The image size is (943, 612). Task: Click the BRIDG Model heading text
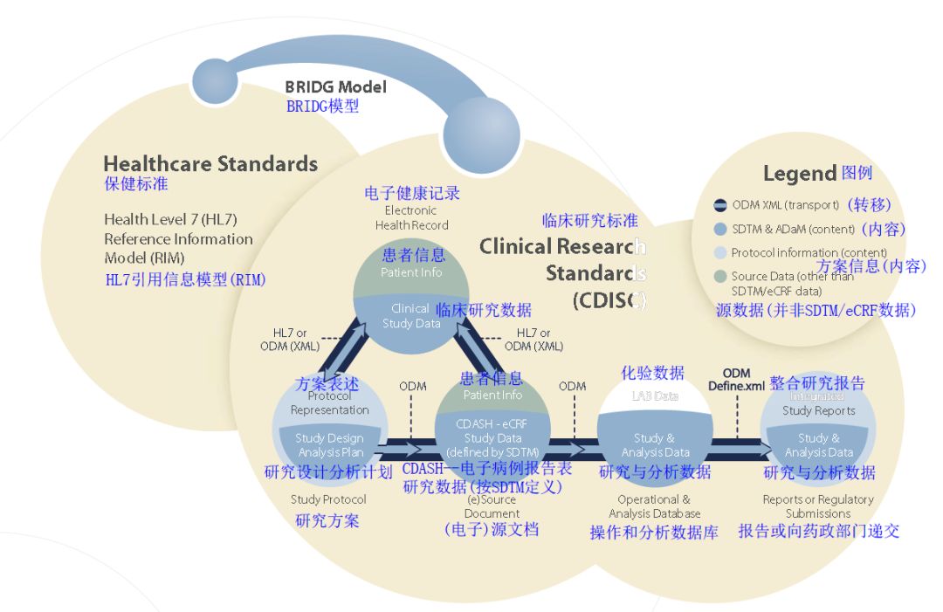tap(335, 87)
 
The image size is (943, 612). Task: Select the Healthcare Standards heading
tap(210, 163)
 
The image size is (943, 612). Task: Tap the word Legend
tap(800, 174)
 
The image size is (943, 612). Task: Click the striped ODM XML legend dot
tap(719, 206)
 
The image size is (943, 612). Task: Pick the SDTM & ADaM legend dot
tap(719, 230)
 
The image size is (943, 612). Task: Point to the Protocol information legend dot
tap(719, 253)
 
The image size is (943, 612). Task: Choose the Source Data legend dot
tap(719, 277)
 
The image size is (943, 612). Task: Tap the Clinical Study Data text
tap(410, 316)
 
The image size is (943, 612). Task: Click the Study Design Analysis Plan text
tap(329, 445)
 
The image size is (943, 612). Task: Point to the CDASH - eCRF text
tap(492, 424)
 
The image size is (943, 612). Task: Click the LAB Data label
tap(654, 395)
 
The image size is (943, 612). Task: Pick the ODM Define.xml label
tap(736, 380)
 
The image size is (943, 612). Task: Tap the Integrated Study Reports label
tap(819, 404)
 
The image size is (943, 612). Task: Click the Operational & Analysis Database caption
tap(654, 506)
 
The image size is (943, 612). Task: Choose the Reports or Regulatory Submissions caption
tap(818, 506)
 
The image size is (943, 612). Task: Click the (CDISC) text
tap(609, 301)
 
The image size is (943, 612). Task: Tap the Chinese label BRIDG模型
tap(323, 107)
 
